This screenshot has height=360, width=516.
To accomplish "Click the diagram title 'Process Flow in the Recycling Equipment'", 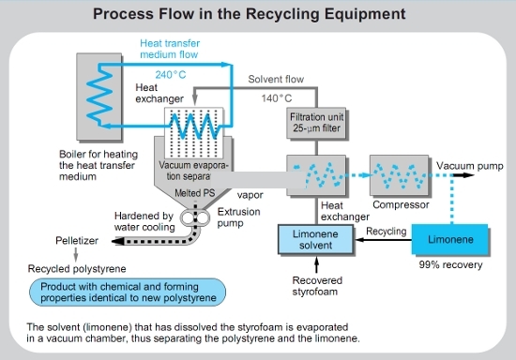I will pyautogui.click(x=258, y=16).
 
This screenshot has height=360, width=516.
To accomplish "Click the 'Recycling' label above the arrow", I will pyautogui.click(x=386, y=229).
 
